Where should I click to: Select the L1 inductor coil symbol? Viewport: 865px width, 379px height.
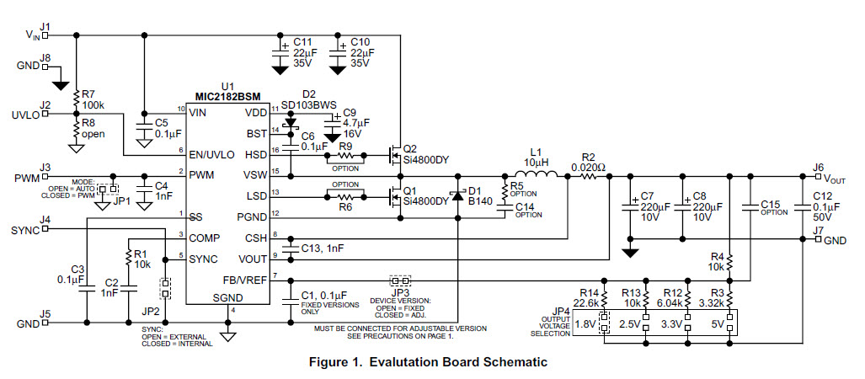[x=536, y=176]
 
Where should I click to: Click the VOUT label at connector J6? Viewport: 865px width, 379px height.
[x=836, y=179]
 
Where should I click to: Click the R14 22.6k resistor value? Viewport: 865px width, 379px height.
[x=586, y=302]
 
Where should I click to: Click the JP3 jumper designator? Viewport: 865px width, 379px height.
[x=398, y=291]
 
